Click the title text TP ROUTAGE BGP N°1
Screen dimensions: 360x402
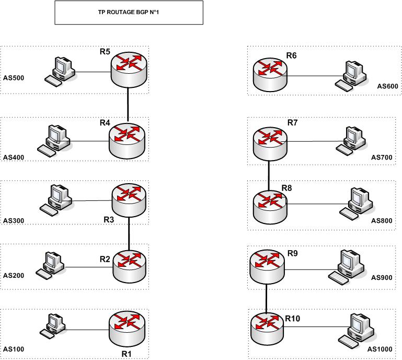point(128,12)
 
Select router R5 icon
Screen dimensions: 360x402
point(129,67)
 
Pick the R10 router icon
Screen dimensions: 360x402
point(267,328)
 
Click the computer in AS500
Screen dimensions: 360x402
point(60,70)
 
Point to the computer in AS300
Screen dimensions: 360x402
point(59,200)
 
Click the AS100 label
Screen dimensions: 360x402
point(14,349)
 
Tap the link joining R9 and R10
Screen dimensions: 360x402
point(267,297)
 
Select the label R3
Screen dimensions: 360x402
point(108,220)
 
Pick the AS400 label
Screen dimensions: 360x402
point(14,157)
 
